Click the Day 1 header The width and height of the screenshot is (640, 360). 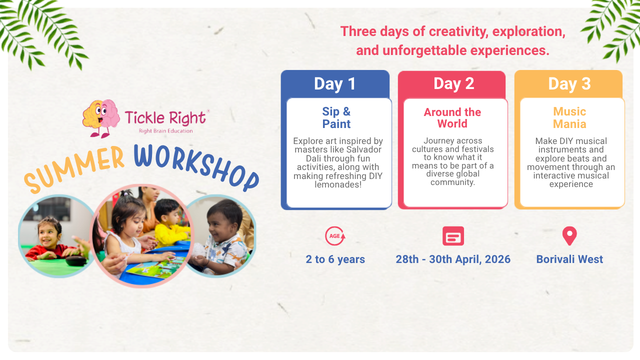click(x=335, y=83)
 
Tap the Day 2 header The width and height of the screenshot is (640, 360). click(x=453, y=83)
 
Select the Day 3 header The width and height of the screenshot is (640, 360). click(x=569, y=83)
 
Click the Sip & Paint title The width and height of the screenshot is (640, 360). click(x=336, y=117)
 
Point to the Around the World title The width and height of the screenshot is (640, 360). click(x=452, y=118)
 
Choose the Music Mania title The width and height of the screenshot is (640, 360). click(x=569, y=117)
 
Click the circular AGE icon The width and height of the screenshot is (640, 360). click(x=335, y=236)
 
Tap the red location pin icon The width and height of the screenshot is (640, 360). click(x=569, y=236)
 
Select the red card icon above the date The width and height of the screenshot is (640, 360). click(x=453, y=236)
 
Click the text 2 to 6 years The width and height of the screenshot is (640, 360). click(x=335, y=259)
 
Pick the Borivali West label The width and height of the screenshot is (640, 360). click(x=569, y=259)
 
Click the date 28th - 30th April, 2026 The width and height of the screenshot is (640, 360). click(x=453, y=259)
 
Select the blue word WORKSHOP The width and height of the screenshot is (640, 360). click(x=196, y=167)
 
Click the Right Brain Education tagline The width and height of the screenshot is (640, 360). click(x=165, y=131)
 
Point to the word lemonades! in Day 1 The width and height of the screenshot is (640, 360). click(x=338, y=184)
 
